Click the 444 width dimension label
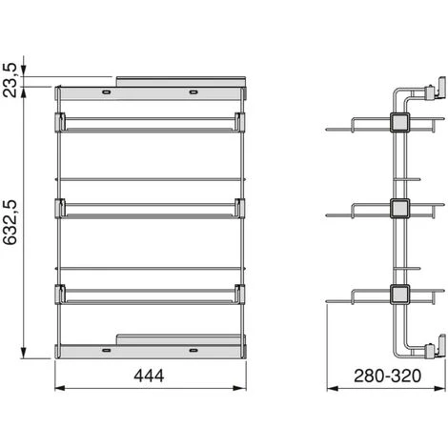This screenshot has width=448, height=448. (149, 376)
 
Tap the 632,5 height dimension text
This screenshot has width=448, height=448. (10, 222)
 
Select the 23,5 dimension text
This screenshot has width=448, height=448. (10, 80)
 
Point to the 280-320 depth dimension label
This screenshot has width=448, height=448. (387, 376)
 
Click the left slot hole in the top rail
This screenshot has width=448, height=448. (106, 92)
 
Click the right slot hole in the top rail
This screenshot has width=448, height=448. (193, 92)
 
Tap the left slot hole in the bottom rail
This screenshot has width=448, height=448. (106, 350)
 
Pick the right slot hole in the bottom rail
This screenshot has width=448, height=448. (193, 350)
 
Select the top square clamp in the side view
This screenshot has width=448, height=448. (399, 122)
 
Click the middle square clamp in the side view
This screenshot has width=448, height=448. (399, 209)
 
